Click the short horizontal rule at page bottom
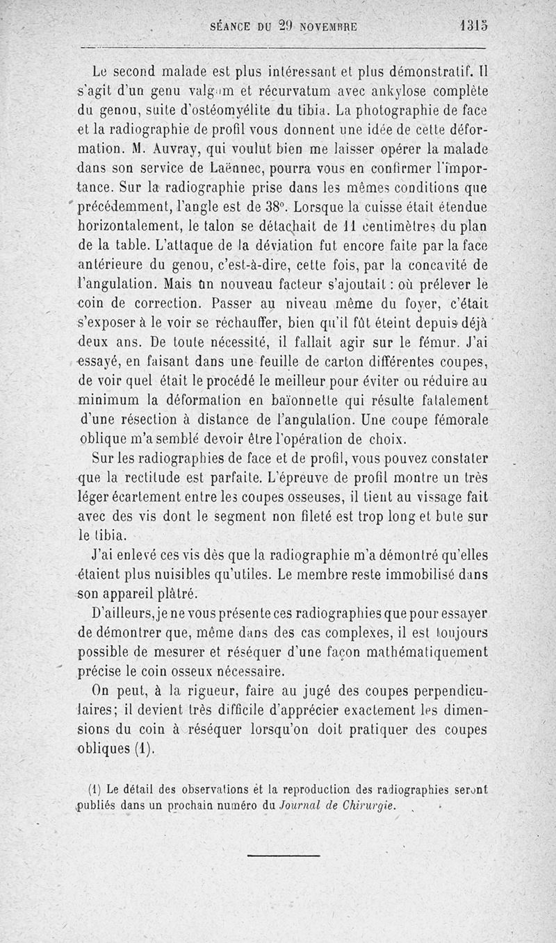point(283,856)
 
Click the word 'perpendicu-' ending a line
point(445,692)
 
